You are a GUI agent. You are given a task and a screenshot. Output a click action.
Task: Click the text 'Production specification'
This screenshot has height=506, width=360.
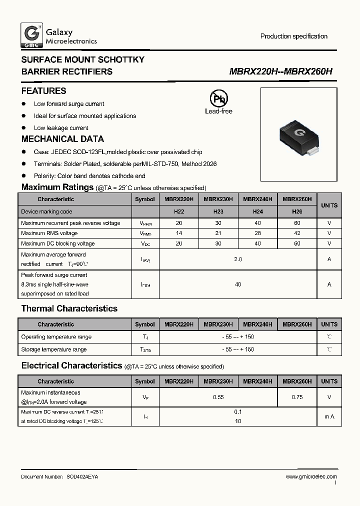(x=293, y=36)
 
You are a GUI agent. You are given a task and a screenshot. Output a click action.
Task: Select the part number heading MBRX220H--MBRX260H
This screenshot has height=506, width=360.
(x=280, y=71)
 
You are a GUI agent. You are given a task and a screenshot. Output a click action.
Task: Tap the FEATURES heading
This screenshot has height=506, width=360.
(x=43, y=91)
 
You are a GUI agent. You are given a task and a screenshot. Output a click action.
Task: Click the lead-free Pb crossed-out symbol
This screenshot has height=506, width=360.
(x=218, y=98)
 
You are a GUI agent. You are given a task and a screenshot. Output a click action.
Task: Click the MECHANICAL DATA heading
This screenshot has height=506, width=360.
(x=62, y=139)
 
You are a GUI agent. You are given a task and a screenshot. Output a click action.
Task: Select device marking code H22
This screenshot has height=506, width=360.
(x=178, y=211)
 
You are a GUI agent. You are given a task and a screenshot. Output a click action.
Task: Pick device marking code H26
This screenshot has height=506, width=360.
(x=297, y=211)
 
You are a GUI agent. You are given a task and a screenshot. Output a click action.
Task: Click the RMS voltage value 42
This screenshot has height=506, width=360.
(x=297, y=233)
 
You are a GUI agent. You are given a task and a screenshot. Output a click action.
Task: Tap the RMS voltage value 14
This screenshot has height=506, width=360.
(x=178, y=233)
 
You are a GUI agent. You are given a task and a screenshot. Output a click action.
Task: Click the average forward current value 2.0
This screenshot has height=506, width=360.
(x=237, y=259)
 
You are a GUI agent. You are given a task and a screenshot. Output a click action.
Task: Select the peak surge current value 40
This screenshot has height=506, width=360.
(x=237, y=284)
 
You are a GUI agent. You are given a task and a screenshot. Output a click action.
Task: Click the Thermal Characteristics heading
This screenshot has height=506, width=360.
(x=69, y=308)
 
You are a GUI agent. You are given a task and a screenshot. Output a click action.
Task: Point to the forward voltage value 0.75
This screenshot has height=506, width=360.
(x=297, y=397)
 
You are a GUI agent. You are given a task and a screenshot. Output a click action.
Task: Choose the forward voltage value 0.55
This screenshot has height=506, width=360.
(x=218, y=397)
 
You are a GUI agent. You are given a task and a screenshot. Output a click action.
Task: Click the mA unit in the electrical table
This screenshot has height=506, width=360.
(x=329, y=416)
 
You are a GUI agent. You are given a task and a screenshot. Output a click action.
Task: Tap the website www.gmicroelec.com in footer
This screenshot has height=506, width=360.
(x=311, y=477)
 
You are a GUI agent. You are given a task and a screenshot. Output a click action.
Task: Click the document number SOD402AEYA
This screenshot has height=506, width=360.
(x=82, y=477)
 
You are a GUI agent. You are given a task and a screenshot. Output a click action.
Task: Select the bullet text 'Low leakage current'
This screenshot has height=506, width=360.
(x=61, y=128)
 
